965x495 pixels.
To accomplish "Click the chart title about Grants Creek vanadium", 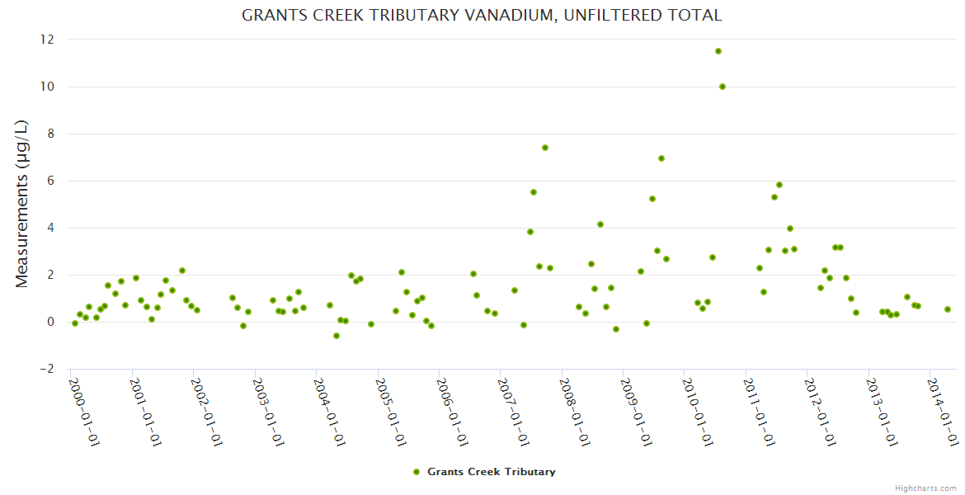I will [482, 15].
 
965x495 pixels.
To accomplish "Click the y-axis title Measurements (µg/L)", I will [22, 204].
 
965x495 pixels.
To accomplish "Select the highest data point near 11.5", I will [718, 51].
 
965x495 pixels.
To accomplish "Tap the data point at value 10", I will [723, 87].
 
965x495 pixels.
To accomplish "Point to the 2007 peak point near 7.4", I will [545, 148].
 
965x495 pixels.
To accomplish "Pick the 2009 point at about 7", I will [661, 158].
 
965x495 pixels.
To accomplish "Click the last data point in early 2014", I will [948, 309].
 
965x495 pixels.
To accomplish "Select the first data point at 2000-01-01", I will [75, 323].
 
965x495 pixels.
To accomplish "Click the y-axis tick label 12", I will [47, 40].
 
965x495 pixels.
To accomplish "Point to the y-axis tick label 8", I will [50, 134].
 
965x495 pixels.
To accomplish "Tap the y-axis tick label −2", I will [47, 369].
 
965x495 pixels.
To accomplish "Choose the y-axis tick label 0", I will [50, 322].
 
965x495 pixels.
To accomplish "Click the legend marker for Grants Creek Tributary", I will [417, 472].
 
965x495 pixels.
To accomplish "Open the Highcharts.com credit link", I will [926, 488].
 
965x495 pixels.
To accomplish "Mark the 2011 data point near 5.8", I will [779, 185].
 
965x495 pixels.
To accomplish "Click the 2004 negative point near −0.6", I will [337, 336].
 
